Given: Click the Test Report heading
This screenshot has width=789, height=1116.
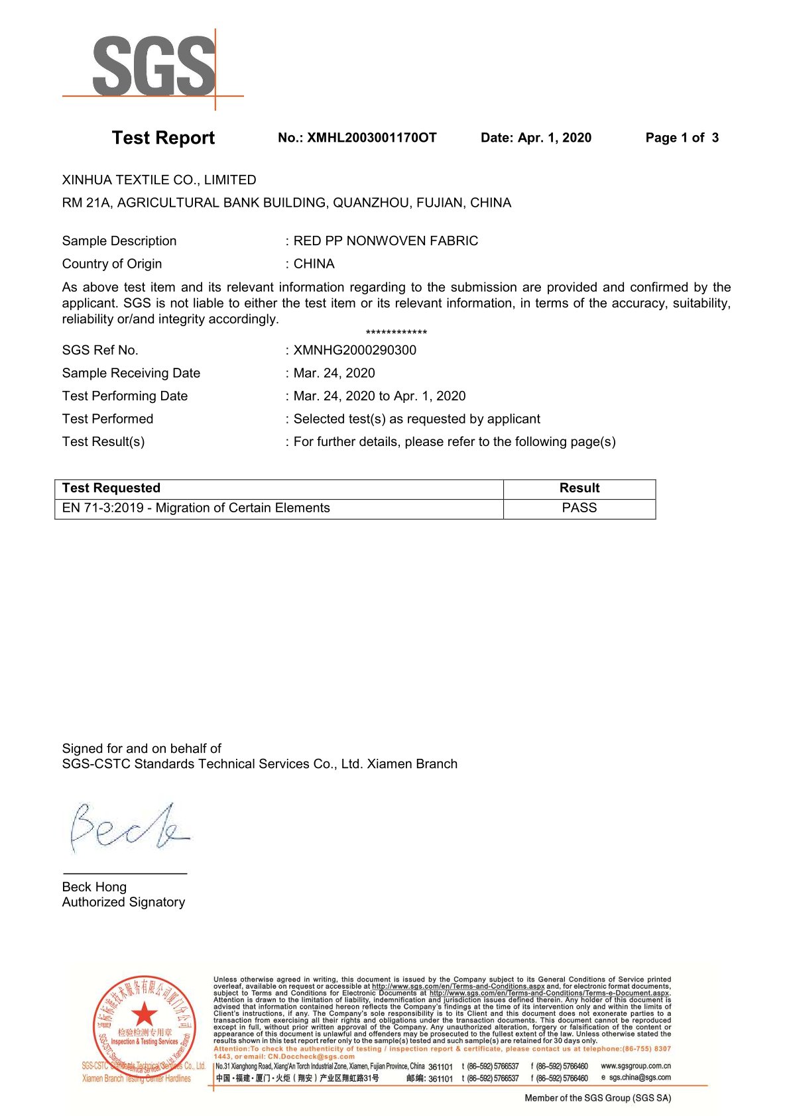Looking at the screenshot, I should pos(163,138).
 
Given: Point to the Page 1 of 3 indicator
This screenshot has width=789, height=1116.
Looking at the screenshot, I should pos(682,138).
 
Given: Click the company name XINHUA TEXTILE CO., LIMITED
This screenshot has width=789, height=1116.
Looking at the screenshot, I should pos(159,180).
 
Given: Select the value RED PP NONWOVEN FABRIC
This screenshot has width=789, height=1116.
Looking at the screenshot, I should pos(385,241).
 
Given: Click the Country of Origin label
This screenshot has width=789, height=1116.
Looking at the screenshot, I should pos(112,264).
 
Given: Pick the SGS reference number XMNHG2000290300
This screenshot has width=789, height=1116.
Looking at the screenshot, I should pos(355,351).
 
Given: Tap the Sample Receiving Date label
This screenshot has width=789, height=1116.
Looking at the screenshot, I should pos(131,373).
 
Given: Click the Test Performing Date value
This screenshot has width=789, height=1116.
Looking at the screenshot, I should pos(379,396).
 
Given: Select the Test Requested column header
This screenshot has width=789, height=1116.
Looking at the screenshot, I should pos(111,488).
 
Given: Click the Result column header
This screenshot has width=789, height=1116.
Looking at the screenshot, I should pos(579,488).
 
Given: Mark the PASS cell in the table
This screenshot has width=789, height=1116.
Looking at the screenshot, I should pos(579,508).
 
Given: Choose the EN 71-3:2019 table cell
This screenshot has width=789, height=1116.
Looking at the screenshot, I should pos(196,508).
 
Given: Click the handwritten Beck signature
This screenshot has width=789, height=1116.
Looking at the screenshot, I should pos(128,828).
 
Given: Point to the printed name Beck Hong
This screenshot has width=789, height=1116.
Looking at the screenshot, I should pos(94,887).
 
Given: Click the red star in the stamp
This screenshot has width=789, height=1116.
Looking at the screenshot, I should pos(144,1014).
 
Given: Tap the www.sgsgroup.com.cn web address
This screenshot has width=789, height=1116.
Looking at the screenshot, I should pos(635,1066).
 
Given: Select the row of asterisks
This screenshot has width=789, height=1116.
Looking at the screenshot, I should pos(396,333).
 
